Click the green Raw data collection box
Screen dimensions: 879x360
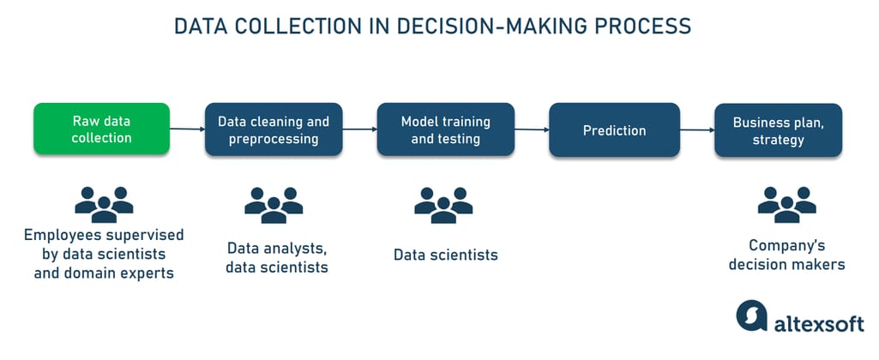click(101, 129)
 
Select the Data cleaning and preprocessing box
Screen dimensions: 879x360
click(274, 129)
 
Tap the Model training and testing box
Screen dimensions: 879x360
click(446, 129)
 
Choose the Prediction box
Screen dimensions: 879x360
click(614, 130)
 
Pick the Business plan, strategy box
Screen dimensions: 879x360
click(778, 130)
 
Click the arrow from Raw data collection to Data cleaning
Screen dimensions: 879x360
click(187, 129)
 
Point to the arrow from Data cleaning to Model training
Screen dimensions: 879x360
click(359, 129)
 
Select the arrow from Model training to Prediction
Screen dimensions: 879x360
click(532, 129)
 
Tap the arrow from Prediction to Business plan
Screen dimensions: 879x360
click(697, 130)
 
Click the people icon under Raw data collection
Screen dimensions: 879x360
click(104, 205)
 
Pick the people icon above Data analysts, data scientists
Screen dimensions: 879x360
click(274, 205)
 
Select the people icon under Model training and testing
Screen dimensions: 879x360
click(443, 205)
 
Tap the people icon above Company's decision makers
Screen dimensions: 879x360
click(786, 205)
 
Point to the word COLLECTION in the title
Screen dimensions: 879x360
click(286, 27)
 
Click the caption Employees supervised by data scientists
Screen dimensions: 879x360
click(104, 244)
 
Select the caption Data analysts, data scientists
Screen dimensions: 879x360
click(277, 257)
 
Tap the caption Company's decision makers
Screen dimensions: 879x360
click(787, 255)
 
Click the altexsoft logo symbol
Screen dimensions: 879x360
click(752, 315)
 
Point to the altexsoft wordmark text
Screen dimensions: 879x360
click(819, 323)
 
